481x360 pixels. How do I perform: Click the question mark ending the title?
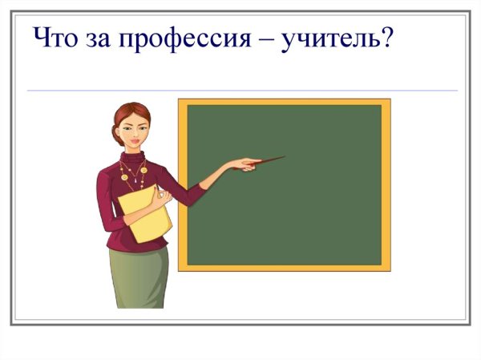coord(386,37)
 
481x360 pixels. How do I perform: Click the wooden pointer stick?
coord(268,160)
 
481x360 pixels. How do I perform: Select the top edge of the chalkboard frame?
coord(285,102)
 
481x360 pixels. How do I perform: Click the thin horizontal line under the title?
coord(240,91)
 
